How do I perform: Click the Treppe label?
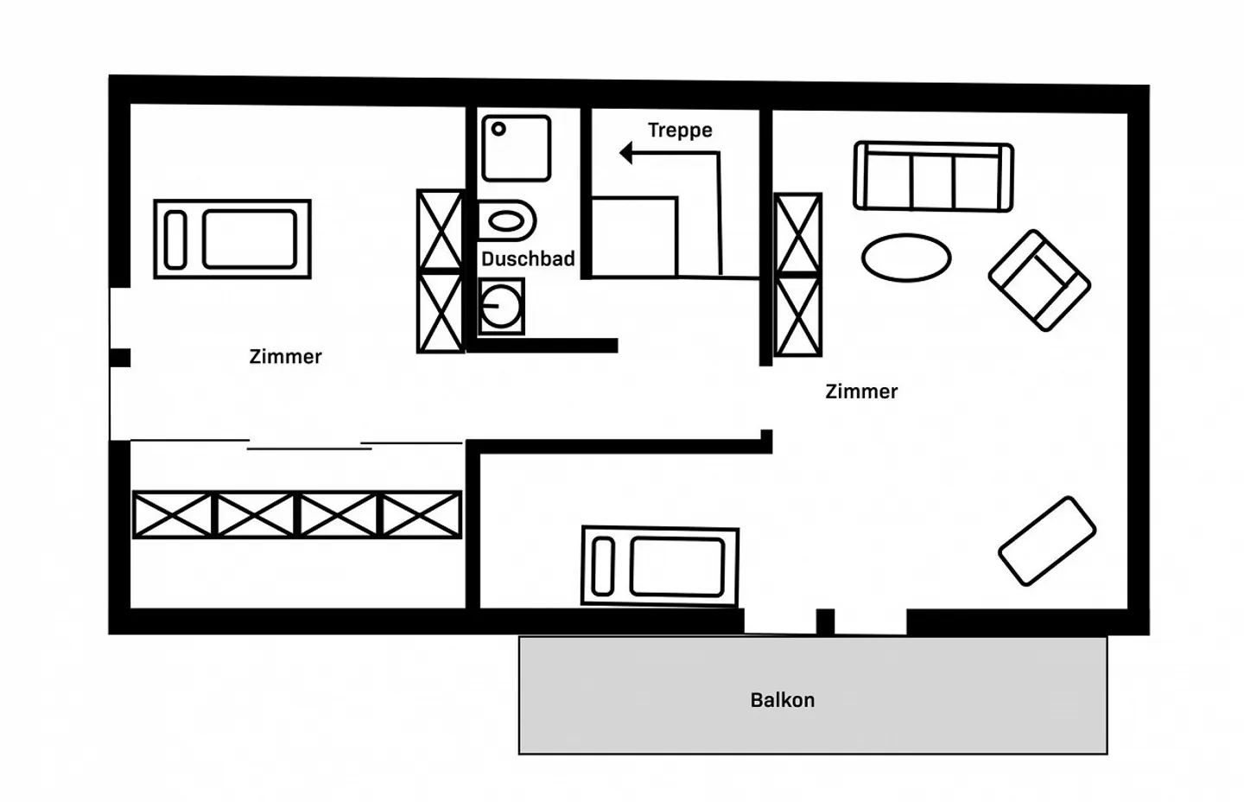(x=680, y=130)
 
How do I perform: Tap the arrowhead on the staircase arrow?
(x=625, y=153)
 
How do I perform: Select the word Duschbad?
(x=528, y=258)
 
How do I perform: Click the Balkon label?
(x=783, y=700)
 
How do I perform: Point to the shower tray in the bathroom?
(x=517, y=149)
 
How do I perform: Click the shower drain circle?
(x=498, y=129)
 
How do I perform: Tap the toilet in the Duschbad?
(x=506, y=221)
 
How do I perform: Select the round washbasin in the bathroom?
(x=501, y=307)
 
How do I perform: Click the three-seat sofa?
(x=934, y=176)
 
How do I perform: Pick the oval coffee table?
(x=906, y=258)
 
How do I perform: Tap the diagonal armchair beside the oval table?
(x=1039, y=281)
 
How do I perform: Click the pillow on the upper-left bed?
(x=175, y=239)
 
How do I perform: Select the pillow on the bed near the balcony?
(x=603, y=567)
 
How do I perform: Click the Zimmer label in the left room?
(x=285, y=357)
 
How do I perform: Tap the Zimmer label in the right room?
(x=861, y=391)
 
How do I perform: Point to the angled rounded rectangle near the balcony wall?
(x=1047, y=541)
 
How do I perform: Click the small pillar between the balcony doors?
(x=825, y=621)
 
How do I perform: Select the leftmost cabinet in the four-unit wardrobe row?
(x=173, y=515)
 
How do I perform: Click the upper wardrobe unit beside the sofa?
(x=798, y=234)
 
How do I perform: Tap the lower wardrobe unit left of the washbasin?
(x=441, y=312)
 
